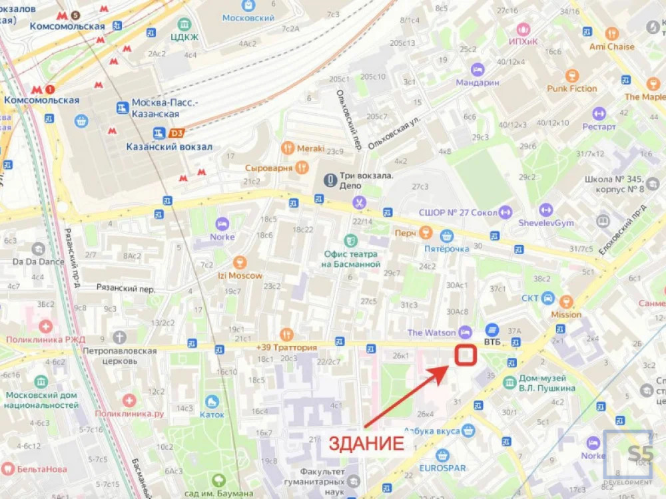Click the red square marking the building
coord(465,355)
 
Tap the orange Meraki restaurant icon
coord(288,148)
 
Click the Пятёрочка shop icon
coord(446,236)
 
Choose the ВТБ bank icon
coord(492,330)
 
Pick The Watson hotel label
coord(432,332)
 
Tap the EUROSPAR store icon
coord(442,456)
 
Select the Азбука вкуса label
coord(432,431)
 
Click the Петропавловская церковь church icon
coord(119,337)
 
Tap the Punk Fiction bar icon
coord(571,75)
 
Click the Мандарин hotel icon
coord(477,69)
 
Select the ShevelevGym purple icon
coord(546,210)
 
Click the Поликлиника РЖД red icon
coord(45,326)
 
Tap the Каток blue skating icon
coord(212,401)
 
